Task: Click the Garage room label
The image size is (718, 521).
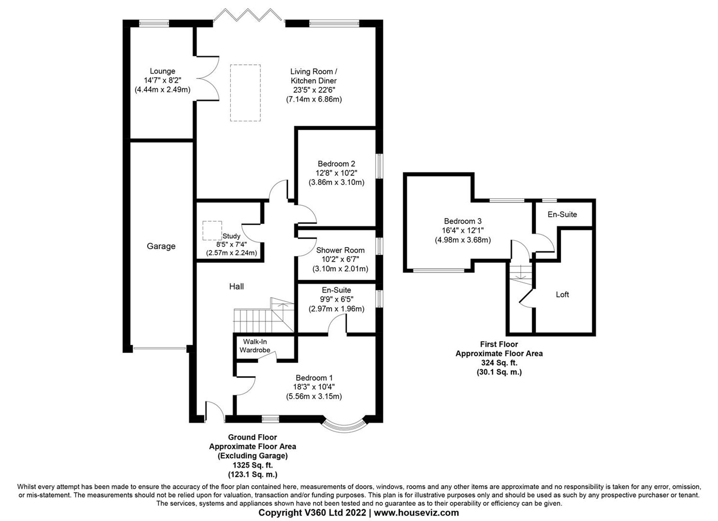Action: [161, 246]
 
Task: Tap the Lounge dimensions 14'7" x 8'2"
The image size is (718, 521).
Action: [162, 80]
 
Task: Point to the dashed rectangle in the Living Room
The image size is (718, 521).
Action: [245, 93]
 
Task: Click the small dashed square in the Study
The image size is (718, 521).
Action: [212, 231]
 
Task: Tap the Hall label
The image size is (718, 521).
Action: [236, 286]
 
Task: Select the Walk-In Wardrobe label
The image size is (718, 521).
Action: [255, 346]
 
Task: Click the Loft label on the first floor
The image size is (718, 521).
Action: [562, 294]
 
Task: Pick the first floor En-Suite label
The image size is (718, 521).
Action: [562, 214]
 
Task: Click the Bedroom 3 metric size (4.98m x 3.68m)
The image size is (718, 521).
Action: [463, 240]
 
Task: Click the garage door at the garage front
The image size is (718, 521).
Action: [159, 348]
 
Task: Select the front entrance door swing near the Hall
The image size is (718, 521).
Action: [215, 411]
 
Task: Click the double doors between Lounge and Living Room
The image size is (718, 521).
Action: [208, 78]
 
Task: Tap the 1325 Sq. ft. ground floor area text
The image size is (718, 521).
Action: [252, 465]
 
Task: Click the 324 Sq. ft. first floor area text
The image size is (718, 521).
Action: [499, 363]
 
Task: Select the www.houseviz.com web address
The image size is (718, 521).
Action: [416, 513]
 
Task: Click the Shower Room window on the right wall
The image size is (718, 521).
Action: [379, 246]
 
